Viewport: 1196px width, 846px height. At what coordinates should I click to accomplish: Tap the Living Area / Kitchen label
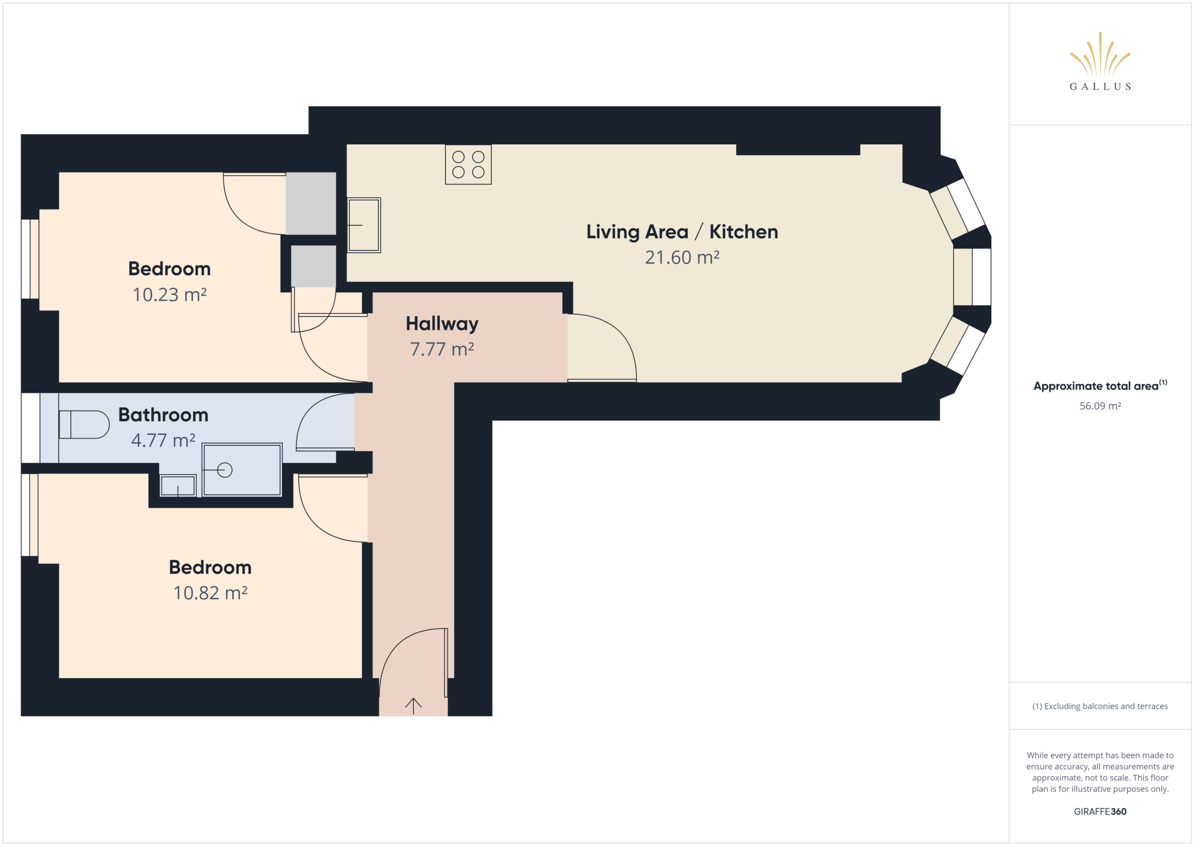682,232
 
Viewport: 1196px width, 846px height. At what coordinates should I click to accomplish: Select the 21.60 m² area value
682,257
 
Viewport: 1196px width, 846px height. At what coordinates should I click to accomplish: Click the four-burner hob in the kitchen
468,164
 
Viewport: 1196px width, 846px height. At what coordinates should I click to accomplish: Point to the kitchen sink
364,225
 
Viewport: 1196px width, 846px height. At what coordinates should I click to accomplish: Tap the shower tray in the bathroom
242,469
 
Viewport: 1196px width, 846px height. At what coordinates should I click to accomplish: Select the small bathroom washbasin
178,485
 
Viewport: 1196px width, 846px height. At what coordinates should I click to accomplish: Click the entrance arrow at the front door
413,706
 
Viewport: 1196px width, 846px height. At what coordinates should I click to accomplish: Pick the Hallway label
442,324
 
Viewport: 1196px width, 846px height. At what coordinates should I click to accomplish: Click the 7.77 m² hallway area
442,349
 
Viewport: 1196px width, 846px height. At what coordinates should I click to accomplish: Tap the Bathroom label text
163,415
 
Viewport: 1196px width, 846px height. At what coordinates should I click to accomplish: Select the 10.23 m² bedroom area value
169,295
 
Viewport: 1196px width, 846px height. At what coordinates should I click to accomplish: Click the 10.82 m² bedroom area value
210,593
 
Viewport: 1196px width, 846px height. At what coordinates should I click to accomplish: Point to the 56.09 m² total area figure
1100,406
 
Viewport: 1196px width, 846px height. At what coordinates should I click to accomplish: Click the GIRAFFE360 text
1100,811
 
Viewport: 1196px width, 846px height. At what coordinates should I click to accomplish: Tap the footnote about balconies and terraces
1100,706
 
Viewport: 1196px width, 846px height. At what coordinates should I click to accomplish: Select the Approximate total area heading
1100,385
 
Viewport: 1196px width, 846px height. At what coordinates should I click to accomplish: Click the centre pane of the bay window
972,277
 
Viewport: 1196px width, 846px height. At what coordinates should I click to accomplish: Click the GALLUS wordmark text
1100,86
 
